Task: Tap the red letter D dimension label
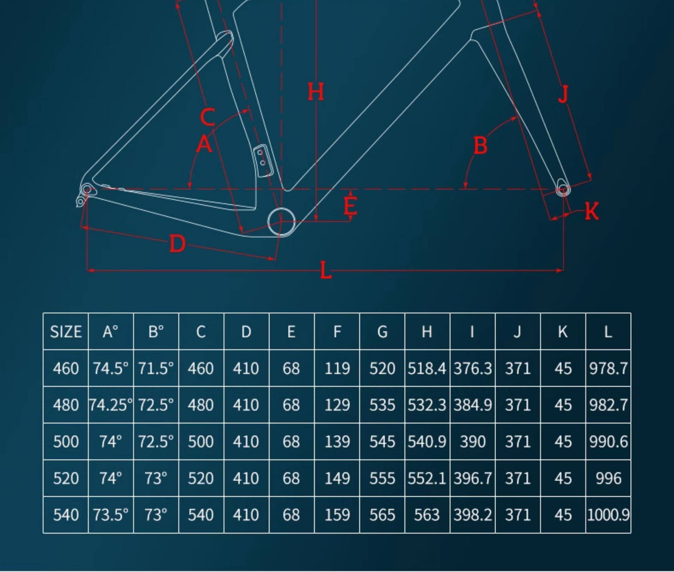pos(177,244)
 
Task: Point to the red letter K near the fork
pos(592,211)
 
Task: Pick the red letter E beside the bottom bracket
pos(350,206)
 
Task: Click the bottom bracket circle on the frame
pos(281,222)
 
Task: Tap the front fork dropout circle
pos(563,190)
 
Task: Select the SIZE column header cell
pos(65,331)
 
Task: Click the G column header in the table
pos(382,331)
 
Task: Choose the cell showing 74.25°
pos(111,405)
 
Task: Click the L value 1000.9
pos(608,515)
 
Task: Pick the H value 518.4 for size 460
pos(427,368)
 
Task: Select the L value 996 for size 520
pos(608,478)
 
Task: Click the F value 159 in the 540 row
pos(337,515)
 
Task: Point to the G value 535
pos(382,405)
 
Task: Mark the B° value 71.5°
pos(156,368)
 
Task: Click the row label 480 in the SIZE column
pos(65,405)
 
